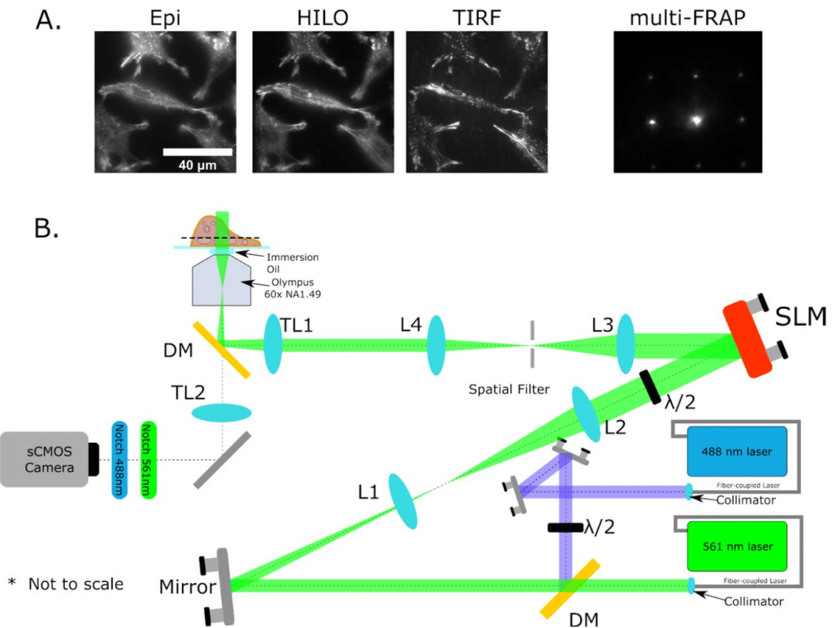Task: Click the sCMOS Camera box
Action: coord(44,458)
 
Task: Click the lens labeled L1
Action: coord(403,504)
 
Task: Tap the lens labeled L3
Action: coord(625,344)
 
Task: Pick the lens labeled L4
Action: coord(436,344)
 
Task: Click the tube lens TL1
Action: coord(271,344)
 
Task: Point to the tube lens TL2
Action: coord(221,414)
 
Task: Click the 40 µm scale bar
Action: coord(198,152)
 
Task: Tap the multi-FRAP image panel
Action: coord(687,102)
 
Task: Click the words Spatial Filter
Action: coord(509,389)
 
